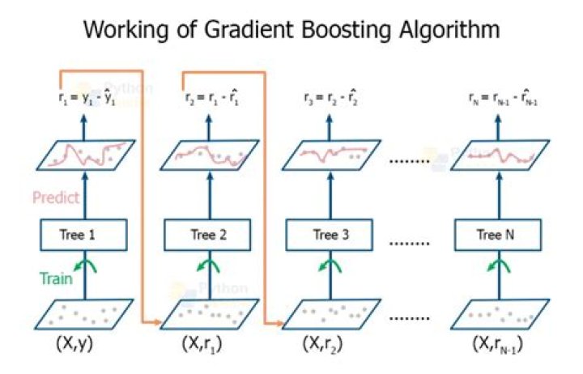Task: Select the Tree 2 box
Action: [x=207, y=236]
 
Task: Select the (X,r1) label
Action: [x=203, y=343]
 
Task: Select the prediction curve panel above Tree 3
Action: [x=328, y=155]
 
